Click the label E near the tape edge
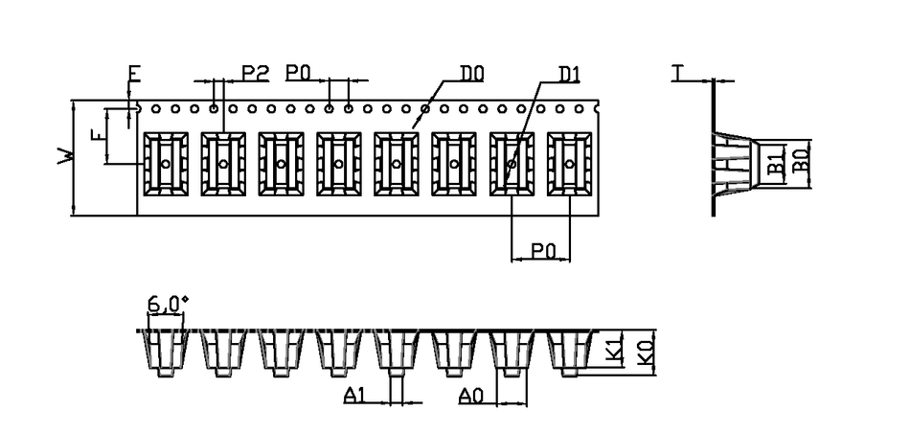coord(134,74)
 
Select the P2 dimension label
coord(254,72)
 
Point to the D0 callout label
coord(472,73)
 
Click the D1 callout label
coord(570,73)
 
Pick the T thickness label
coord(678,73)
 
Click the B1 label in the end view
coord(778,162)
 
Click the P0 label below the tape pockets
coord(544,250)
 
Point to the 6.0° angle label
coord(165,305)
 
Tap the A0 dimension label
coord(470,395)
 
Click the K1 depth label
coord(616,351)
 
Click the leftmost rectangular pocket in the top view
coord(166,164)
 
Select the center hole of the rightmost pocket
coord(570,164)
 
